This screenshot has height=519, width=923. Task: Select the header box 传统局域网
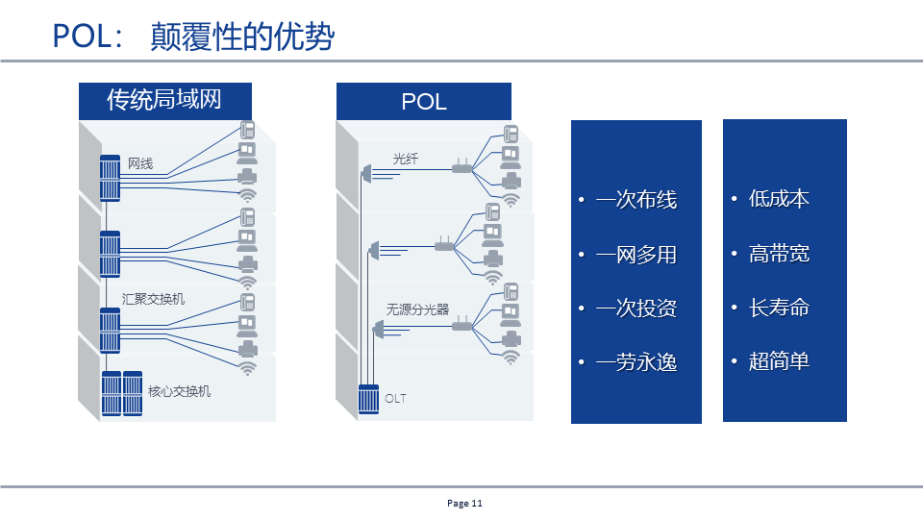click(x=164, y=99)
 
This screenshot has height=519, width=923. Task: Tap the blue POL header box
click(x=423, y=101)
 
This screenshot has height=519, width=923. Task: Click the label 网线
click(x=140, y=163)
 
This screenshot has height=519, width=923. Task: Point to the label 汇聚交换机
click(x=154, y=299)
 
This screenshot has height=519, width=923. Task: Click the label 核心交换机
click(x=179, y=391)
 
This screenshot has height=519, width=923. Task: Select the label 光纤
click(x=406, y=159)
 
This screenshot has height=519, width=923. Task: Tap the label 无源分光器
click(x=417, y=309)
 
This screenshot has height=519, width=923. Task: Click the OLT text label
click(x=395, y=398)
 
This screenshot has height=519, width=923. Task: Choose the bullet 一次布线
click(x=636, y=200)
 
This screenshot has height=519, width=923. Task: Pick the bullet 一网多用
click(x=636, y=255)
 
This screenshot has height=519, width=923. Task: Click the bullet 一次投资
click(x=636, y=309)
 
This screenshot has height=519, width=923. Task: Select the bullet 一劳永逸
click(x=636, y=362)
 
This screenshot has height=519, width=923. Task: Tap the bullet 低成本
click(x=779, y=199)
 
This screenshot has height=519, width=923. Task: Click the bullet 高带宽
click(x=779, y=254)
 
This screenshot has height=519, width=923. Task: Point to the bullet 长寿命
click(x=779, y=308)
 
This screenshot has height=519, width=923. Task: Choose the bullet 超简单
click(x=779, y=361)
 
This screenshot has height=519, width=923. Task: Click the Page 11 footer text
click(x=464, y=504)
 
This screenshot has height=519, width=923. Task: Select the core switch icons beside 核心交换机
click(x=123, y=393)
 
